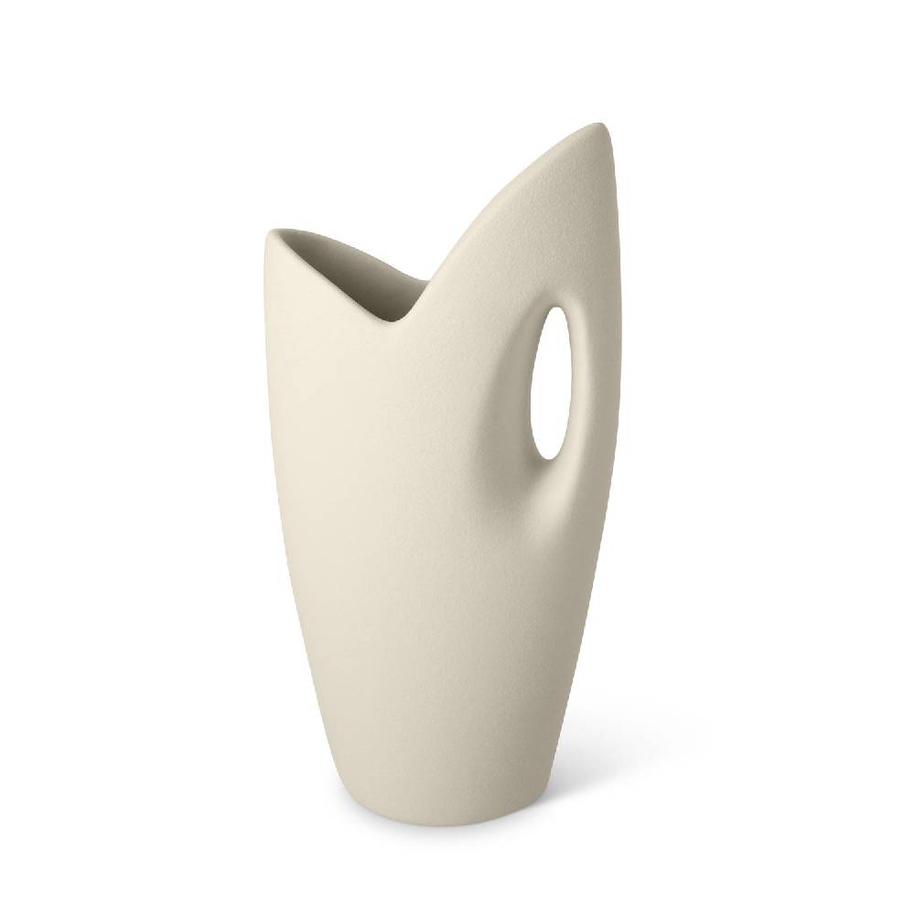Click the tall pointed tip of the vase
pyautogui.click(x=606, y=125)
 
